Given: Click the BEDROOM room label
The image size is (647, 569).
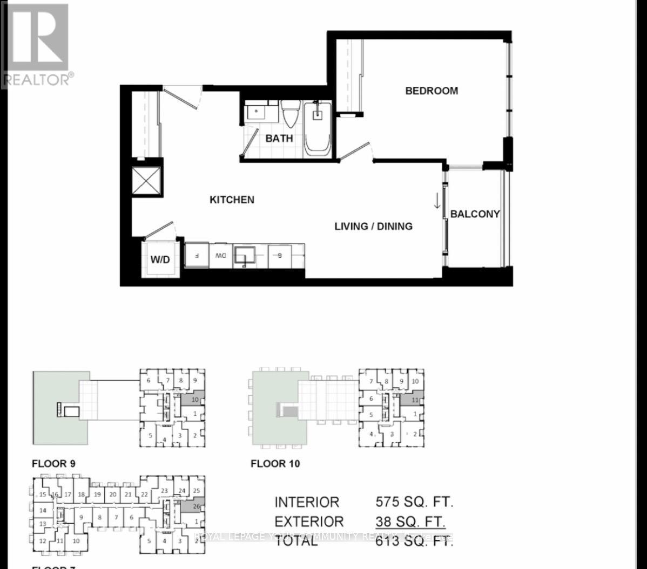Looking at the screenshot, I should click(x=432, y=91).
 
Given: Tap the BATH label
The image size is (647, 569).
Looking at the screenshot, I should click(x=279, y=138).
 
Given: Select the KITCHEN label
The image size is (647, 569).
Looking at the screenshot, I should click(x=232, y=200).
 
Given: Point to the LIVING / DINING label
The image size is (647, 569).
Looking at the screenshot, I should click(x=373, y=226).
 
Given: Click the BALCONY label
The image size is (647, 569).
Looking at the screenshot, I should click(x=475, y=214).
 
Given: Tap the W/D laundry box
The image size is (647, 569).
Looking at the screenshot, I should click(x=160, y=259).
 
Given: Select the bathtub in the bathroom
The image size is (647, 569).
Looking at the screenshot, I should click(x=317, y=129).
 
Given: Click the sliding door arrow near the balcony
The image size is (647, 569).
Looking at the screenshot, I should click(x=436, y=201).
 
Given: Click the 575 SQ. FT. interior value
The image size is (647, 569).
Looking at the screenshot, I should click(x=414, y=502).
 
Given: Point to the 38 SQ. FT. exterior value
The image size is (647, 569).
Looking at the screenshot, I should click(x=411, y=522).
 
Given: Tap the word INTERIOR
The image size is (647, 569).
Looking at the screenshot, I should click(x=307, y=502).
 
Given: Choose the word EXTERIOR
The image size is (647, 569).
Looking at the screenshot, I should click(x=309, y=522).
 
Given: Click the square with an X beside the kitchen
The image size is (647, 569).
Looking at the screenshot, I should click(x=147, y=180).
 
